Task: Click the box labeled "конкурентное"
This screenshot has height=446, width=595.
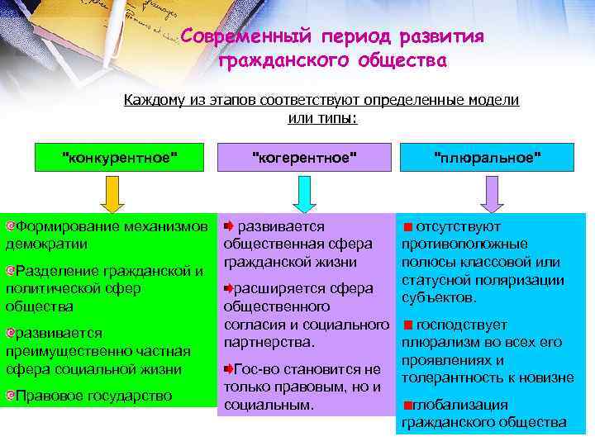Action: [121, 157]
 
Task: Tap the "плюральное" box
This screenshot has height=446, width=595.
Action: [488, 157]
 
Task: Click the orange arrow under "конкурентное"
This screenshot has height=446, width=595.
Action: [112, 197]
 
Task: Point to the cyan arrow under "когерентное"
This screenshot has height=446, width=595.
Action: [304, 197]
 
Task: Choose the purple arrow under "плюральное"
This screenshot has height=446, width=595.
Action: [493, 197]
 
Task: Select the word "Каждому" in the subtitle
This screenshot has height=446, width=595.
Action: [150, 100]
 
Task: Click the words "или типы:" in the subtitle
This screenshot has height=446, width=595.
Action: [322, 118]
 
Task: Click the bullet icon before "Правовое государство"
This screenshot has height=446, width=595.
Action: [10, 396]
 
